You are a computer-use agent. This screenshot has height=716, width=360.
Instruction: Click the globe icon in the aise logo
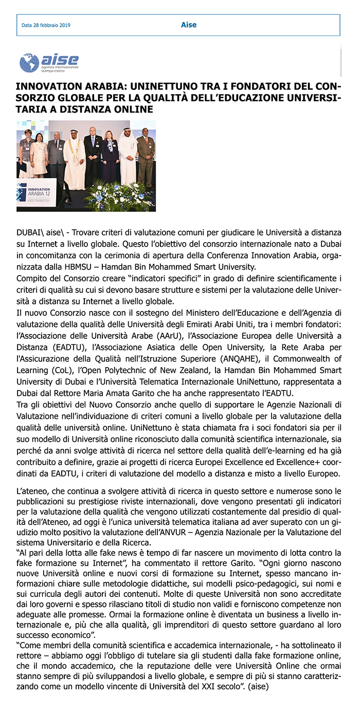coord(29,63)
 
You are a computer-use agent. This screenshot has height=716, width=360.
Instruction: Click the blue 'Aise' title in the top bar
coord(189,25)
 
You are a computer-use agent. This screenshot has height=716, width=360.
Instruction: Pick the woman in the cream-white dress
coord(39,155)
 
